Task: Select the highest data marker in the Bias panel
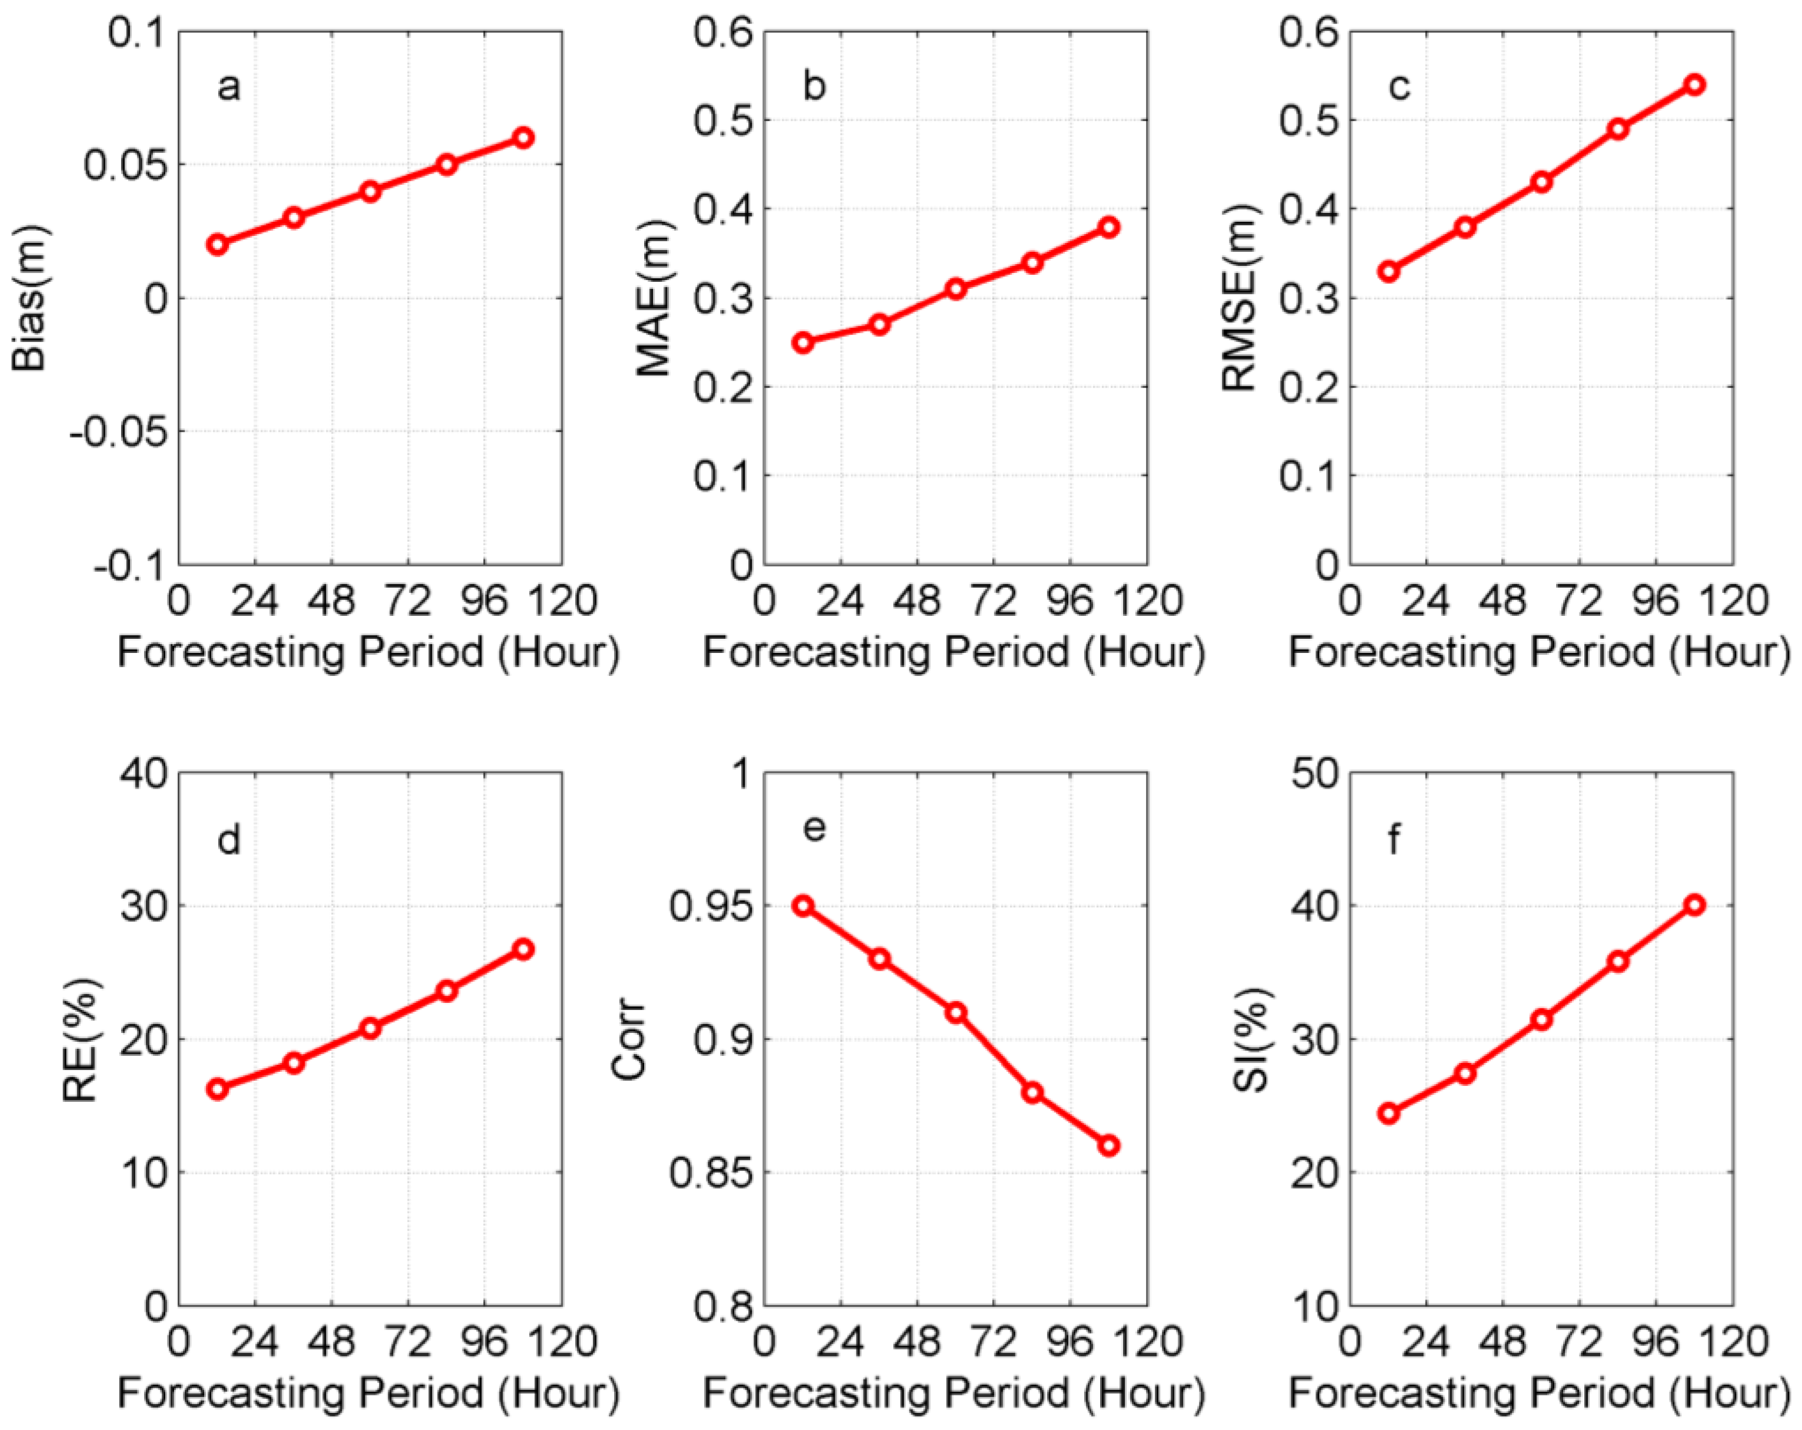(523, 138)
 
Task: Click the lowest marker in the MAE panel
(802, 343)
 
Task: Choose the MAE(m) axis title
(655, 298)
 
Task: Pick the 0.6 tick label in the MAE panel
(724, 34)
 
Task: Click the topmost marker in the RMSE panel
(1694, 85)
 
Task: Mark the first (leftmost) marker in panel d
(217, 1088)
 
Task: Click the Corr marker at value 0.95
(802, 906)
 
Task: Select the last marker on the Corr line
(1108, 1145)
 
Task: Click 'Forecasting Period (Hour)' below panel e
(954, 1392)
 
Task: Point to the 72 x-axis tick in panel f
(1579, 1343)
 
